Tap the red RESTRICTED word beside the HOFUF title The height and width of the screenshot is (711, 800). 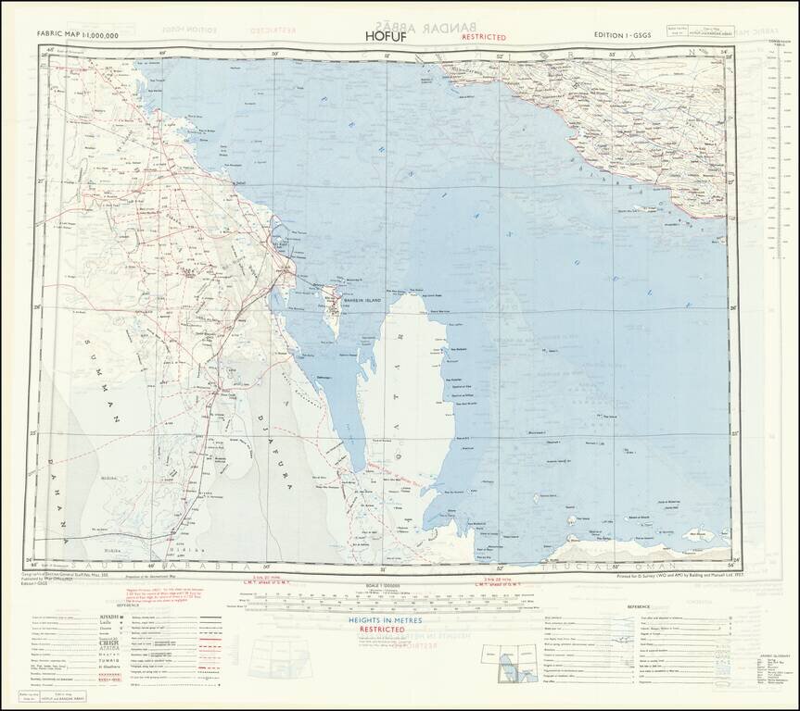tap(476, 38)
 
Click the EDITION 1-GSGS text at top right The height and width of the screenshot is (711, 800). tap(635, 35)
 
